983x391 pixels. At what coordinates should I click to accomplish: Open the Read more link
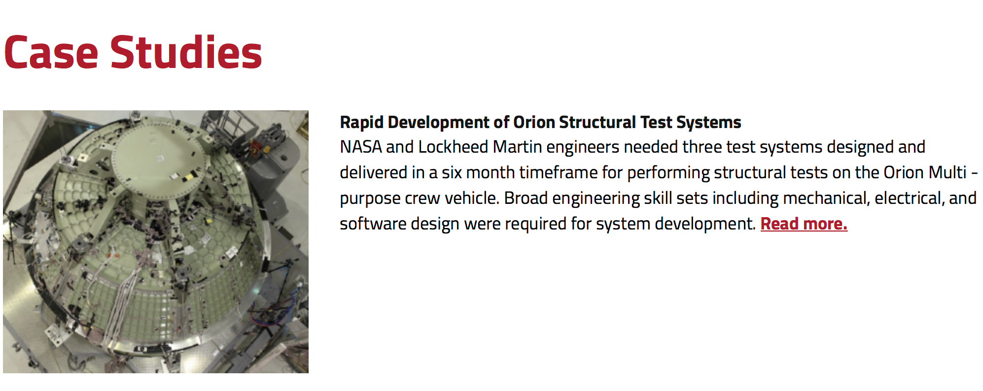click(x=804, y=224)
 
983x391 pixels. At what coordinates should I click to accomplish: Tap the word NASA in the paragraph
click(x=361, y=147)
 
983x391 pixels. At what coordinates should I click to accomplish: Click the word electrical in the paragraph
click(x=909, y=198)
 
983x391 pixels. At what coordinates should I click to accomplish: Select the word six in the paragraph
click(x=451, y=172)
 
